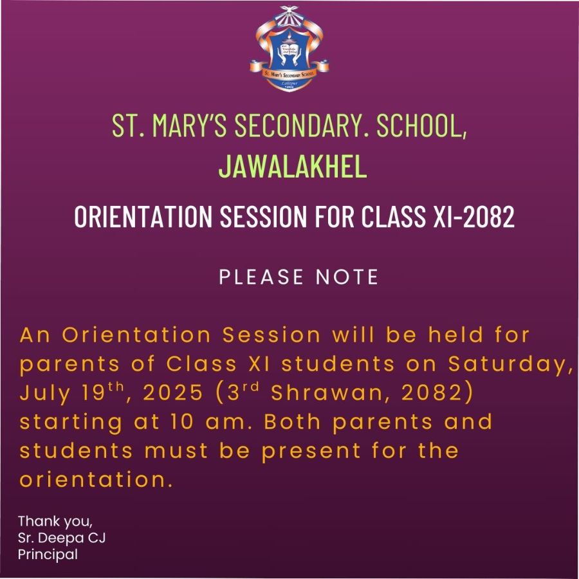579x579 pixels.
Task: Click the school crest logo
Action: (289, 49)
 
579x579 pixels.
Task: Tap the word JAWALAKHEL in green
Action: (293, 166)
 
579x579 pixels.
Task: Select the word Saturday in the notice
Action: (508, 364)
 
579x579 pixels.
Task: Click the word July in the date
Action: (44, 393)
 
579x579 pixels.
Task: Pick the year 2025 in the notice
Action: (173, 392)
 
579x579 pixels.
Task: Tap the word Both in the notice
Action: (292, 421)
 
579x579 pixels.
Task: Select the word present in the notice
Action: (311, 451)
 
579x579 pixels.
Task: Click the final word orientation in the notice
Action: (96, 479)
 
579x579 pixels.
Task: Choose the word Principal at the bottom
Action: (48, 555)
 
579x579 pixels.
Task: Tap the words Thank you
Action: (55, 521)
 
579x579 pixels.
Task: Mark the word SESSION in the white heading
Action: (263, 216)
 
